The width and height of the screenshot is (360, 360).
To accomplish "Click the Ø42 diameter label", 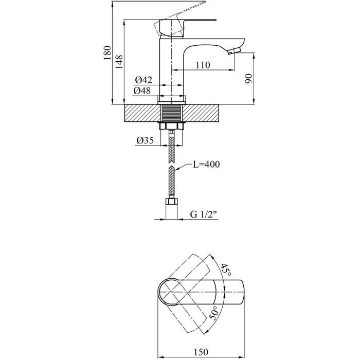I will (143, 80).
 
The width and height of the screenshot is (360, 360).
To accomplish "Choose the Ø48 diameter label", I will (143, 91).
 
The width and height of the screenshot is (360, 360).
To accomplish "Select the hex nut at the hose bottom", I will (171, 203).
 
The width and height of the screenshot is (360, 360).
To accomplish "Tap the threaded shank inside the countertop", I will (171, 113).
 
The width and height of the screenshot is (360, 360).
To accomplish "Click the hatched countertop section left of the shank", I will (140, 113).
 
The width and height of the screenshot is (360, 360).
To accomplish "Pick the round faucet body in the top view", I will (171, 291).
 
